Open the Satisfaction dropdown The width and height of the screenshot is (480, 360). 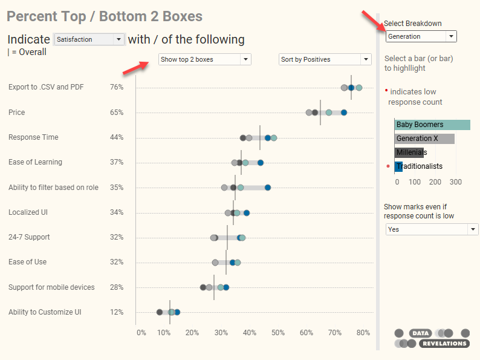coord(89,39)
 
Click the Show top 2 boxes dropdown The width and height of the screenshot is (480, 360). coord(204,59)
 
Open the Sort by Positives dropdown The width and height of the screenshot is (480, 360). coord(325,59)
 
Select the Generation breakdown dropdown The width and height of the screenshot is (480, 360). coord(421,36)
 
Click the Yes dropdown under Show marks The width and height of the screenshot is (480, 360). coord(432,229)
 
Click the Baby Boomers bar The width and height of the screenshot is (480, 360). coord(432,125)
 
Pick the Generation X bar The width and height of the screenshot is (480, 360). coord(424,139)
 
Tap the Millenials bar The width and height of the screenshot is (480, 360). coord(409,152)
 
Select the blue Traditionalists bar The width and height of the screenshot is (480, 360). coord(398,166)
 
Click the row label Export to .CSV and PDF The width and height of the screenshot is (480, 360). coord(46,87)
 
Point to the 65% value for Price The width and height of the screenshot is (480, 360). coord(117,113)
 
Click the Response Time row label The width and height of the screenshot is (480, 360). coord(33,137)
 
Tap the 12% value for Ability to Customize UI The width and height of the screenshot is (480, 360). coord(117,312)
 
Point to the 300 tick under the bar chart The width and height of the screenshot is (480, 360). coord(455,182)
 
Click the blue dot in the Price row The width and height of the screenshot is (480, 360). coord(344,113)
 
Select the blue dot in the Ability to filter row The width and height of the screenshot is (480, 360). coord(268,188)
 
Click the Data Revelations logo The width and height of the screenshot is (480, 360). coord(432,338)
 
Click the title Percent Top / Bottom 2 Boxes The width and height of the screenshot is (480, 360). coord(105,16)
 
